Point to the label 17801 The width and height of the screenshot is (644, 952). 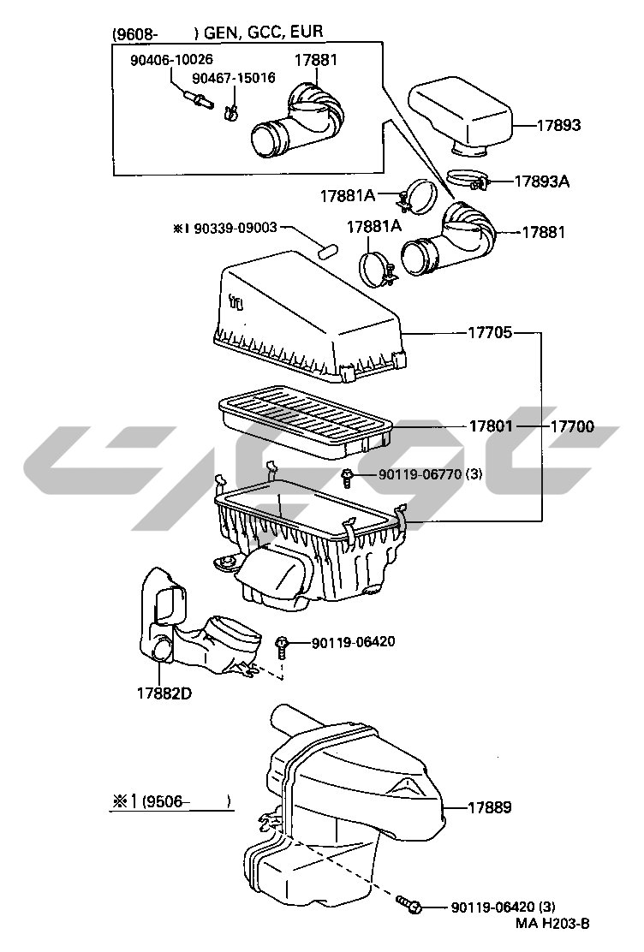490,425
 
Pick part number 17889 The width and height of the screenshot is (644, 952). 491,806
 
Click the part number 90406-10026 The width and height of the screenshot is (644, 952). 171,59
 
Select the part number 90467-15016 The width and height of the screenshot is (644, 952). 233,77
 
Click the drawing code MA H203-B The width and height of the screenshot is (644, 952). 552,923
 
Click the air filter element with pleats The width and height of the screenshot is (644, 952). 304,421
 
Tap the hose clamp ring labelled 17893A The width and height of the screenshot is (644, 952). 468,181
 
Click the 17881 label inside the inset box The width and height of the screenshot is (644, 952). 316,59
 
